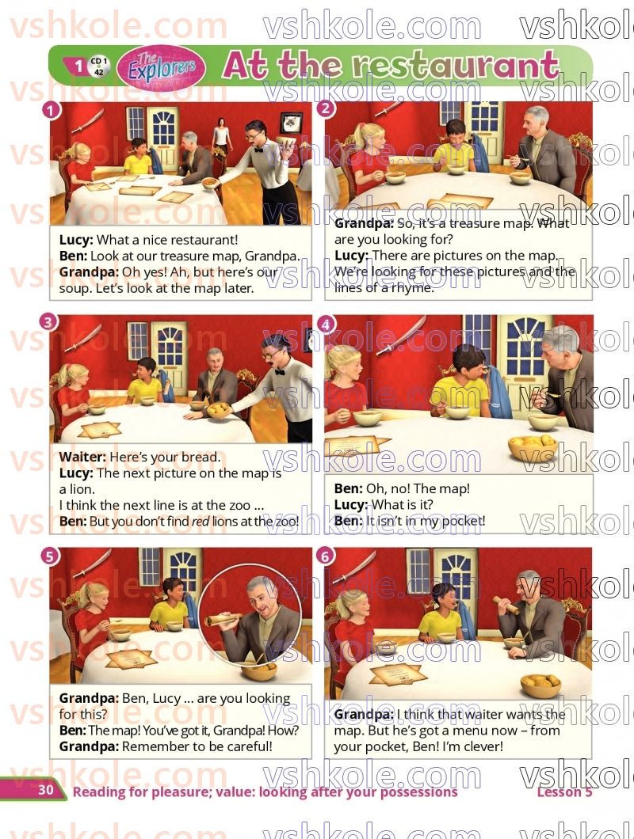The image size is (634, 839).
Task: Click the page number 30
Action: (x=46, y=790)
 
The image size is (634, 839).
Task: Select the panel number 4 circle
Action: (x=325, y=323)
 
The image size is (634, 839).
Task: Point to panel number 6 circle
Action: (x=325, y=556)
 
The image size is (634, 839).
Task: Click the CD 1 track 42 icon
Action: (x=98, y=66)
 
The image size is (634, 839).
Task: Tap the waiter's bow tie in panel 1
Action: (x=259, y=150)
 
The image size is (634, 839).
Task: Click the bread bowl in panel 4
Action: (x=533, y=446)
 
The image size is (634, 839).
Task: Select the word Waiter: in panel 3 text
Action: (x=82, y=457)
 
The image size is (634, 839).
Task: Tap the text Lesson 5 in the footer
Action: (x=564, y=792)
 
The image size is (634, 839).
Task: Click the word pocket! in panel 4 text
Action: (x=463, y=521)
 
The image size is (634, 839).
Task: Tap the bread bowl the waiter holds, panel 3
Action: (x=218, y=412)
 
